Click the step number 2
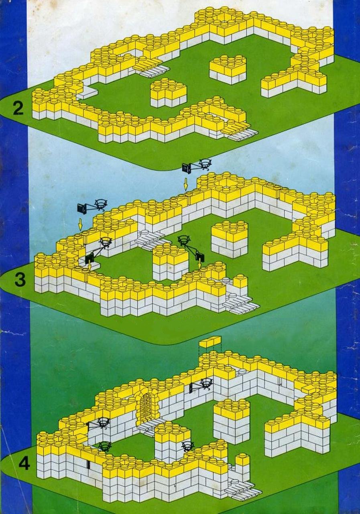[18, 108]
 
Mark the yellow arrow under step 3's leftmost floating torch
[80, 224]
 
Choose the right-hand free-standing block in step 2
[228, 69]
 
